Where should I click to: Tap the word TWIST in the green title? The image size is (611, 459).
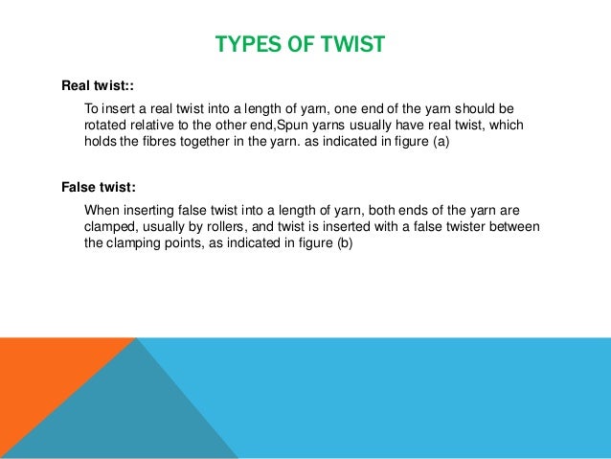[x=351, y=45]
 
